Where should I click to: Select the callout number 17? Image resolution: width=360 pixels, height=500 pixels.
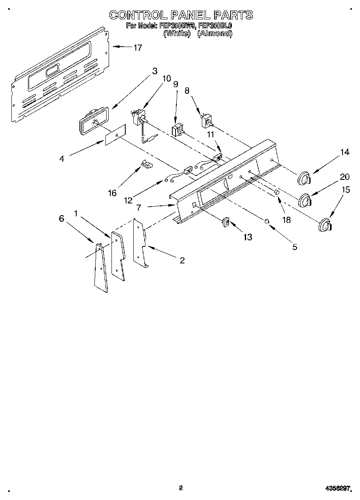click(x=137, y=48)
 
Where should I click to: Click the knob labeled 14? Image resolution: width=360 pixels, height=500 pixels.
click(x=304, y=178)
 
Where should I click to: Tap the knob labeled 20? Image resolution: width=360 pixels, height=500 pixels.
click(x=305, y=201)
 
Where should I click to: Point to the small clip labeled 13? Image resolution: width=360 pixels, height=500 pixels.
click(x=226, y=222)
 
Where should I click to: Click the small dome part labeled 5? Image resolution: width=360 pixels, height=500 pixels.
click(x=267, y=221)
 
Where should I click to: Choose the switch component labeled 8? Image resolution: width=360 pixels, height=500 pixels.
click(x=207, y=120)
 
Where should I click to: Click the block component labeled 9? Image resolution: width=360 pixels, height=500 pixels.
click(x=177, y=131)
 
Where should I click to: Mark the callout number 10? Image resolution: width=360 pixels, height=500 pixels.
click(x=167, y=79)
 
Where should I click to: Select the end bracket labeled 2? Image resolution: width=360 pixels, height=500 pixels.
click(x=140, y=243)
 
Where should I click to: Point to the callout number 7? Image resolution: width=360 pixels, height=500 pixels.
click(x=139, y=207)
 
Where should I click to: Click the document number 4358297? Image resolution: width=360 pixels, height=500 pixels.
click(x=337, y=489)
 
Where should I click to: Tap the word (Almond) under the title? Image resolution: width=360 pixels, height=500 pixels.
click(x=214, y=34)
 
